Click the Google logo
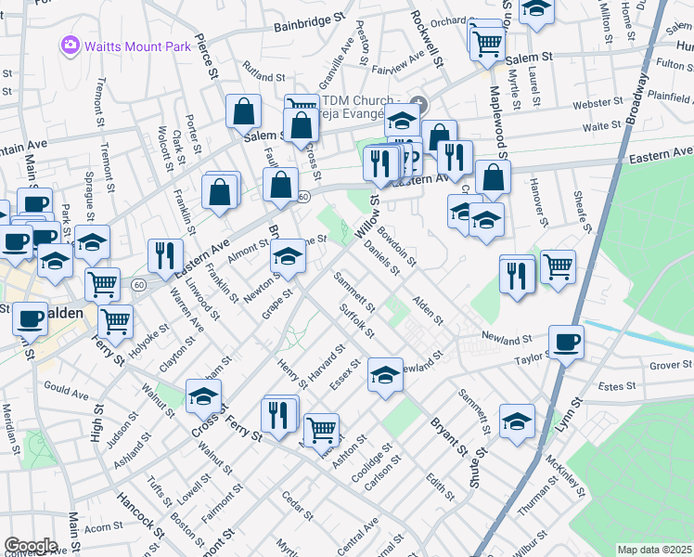pos(31,545)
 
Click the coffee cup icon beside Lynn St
pos(565,342)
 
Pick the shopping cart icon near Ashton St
pos(321,429)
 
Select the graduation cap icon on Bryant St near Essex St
pos(385,375)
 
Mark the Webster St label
pos(597,104)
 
